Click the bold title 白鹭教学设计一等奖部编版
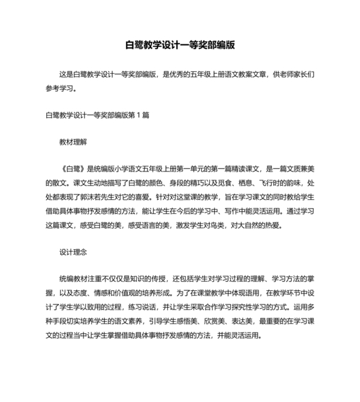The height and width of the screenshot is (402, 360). (x=180, y=46)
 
